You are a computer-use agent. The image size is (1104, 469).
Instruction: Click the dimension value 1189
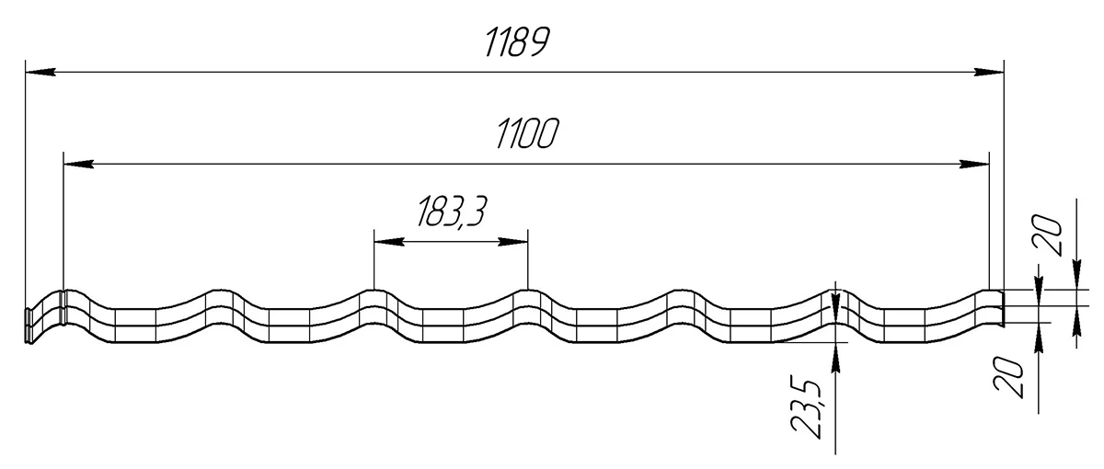point(516,42)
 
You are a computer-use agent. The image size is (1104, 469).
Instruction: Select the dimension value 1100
point(527,133)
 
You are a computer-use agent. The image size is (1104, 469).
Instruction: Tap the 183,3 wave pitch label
point(452,212)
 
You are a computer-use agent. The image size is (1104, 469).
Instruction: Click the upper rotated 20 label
point(1047,235)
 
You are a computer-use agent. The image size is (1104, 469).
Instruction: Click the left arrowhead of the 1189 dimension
point(40,72)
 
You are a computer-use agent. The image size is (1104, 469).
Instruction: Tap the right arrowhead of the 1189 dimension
point(989,72)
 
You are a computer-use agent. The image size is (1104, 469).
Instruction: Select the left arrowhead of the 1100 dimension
point(79,164)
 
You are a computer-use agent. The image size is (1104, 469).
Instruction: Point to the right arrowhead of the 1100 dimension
point(974,164)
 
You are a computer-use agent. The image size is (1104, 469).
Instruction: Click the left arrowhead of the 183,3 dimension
point(389,241)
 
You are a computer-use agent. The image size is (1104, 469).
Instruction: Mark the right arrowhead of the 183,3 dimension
point(513,241)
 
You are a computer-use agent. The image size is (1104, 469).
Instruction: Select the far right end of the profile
point(1003,308)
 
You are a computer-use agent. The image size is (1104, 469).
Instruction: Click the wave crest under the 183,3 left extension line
point(374,291)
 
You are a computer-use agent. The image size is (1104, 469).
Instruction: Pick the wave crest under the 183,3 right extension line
point(528,291)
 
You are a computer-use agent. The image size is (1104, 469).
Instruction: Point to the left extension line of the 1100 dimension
point(63,221)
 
